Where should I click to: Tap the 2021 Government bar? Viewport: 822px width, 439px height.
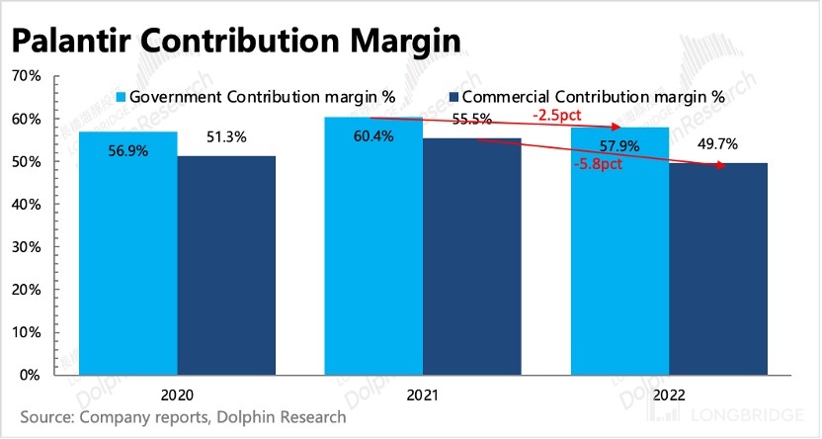374,246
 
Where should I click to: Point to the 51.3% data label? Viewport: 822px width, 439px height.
226,137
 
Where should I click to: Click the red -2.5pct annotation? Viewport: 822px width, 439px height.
555,116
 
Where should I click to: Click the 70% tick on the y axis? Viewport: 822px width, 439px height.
26,76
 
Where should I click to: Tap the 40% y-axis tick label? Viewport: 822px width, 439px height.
26,205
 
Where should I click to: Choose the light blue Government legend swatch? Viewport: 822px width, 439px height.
123,97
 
